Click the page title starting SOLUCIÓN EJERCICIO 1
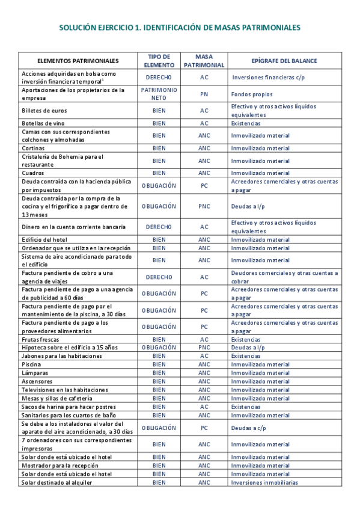coord(180,28)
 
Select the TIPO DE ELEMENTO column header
coord(159,61)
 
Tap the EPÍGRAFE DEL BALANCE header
coord(284,61)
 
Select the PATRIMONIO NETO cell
coord(159,94)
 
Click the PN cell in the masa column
coord(204,94)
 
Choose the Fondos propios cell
coord(252,94)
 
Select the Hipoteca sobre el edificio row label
coord(61,348)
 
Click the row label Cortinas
coord(33,148)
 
